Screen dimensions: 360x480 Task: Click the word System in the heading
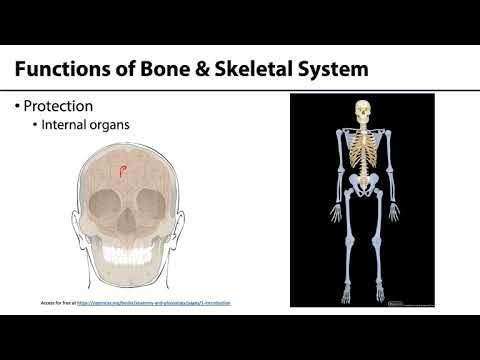click(x=337, y=69)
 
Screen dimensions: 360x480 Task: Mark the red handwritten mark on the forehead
click(x=123, y=172)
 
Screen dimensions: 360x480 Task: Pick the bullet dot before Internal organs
click(x=35, y=126)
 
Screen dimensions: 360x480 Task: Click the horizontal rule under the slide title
click(x=240, y=88)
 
